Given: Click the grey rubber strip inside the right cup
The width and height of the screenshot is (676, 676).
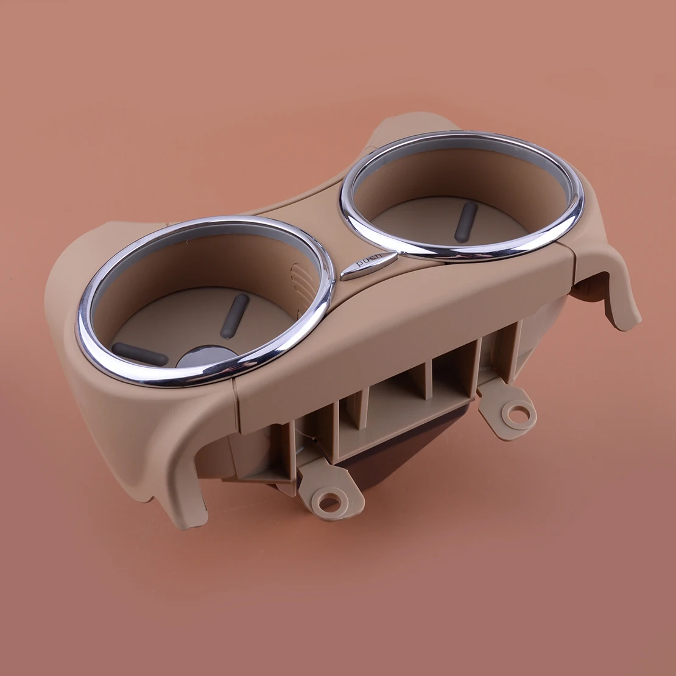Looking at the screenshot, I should [x=466, y=222].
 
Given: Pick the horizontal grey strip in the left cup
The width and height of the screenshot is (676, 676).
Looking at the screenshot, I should [x=139, y=354].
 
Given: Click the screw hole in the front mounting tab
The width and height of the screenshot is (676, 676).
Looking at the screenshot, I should [x=329, y=502].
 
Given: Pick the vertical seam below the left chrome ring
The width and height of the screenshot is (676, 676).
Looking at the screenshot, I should [x=237, y=402].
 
